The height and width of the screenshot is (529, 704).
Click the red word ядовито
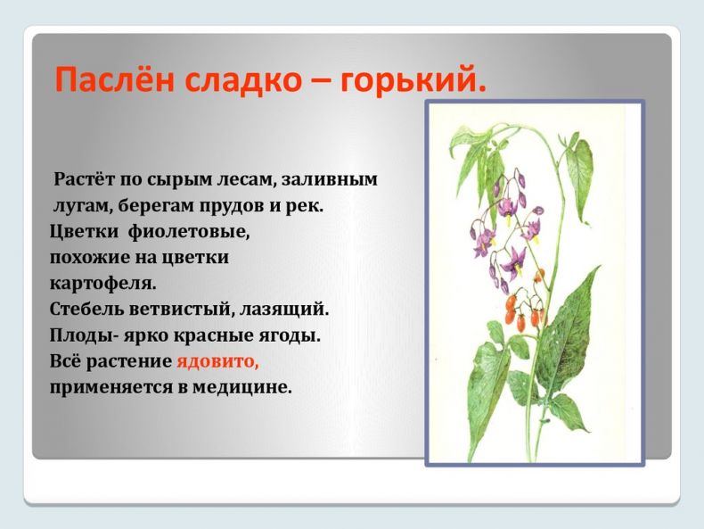217,362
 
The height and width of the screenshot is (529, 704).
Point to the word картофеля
102,284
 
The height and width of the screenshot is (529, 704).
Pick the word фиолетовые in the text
189,232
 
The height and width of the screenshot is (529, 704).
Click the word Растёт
84,179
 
